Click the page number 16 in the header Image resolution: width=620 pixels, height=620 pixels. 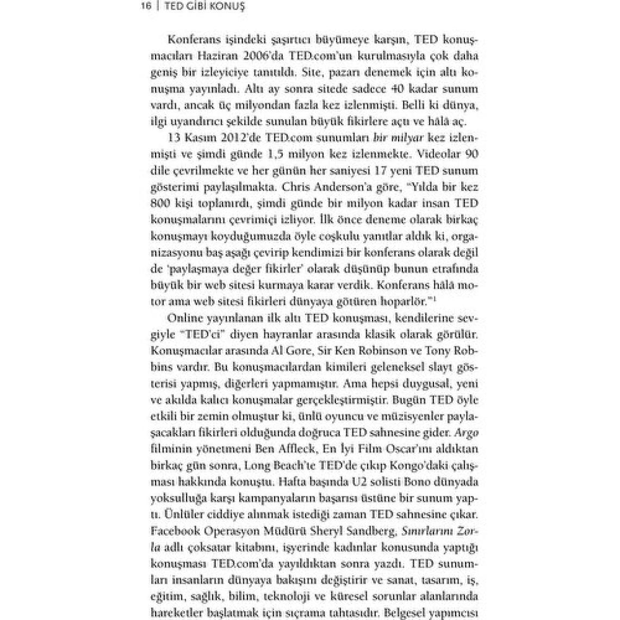click(145, 6)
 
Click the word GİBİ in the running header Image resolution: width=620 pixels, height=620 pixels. click(199, 6)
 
